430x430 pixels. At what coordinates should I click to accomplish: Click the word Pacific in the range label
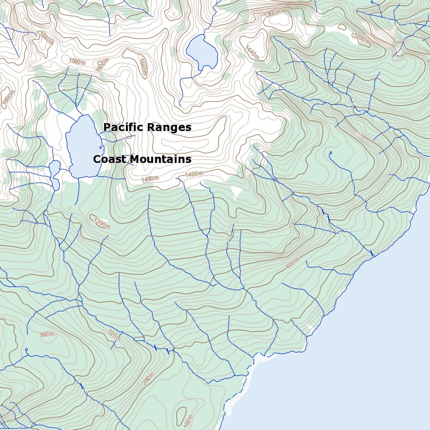121,128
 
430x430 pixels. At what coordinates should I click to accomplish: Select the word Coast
110,160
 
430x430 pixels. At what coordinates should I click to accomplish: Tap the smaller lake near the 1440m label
202,52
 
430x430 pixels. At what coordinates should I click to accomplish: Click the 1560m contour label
77,62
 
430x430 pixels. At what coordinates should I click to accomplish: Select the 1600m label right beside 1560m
101,65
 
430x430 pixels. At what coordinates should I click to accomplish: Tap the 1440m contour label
253,52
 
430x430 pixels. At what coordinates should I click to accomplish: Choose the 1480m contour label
149,179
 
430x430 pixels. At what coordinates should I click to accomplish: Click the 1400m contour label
194,175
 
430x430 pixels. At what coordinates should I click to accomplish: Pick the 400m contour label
292,264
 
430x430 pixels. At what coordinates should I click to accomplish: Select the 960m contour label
47,334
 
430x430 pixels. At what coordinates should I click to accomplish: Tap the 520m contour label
114,335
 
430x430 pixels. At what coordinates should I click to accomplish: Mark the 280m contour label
148,380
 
